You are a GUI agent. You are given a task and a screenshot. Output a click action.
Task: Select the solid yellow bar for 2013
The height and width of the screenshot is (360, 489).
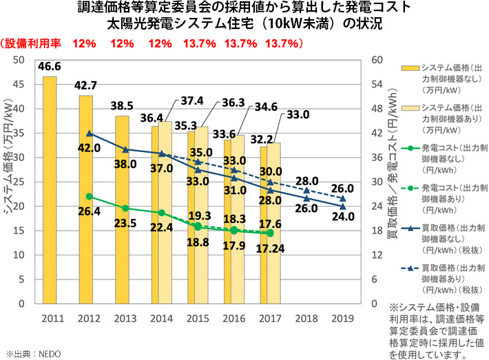tap(122, 209)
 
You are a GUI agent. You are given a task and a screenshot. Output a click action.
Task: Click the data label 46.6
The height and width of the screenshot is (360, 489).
tap(50, 67)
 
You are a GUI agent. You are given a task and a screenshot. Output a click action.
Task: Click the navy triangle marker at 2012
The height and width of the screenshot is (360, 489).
tap(89, 133)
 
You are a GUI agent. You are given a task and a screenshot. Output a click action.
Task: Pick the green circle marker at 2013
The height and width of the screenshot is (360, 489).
tap(125, 208)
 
